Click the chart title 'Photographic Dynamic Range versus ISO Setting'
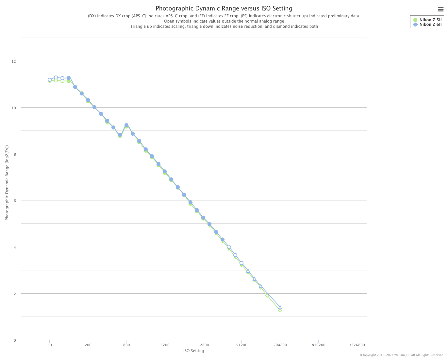coord(224,9)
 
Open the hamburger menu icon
coord(440,9)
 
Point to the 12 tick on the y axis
coord(14,61)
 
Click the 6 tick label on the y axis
coord(14,201)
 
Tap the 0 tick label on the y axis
coord(14,340)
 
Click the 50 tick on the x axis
coord(50,345)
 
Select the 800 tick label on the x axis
coord(126,345)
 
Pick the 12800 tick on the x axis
coord(203,345)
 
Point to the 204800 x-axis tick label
coord(280,345)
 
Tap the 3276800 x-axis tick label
coord(357,345)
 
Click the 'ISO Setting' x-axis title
coord(193,351)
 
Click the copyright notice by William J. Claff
coord(402,355)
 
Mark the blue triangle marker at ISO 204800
coord(280,307)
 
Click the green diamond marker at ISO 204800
coord(280,311)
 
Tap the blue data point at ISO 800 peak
coord(126,125)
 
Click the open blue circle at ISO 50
coord(50,80)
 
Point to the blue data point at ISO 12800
coord(203,218)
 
